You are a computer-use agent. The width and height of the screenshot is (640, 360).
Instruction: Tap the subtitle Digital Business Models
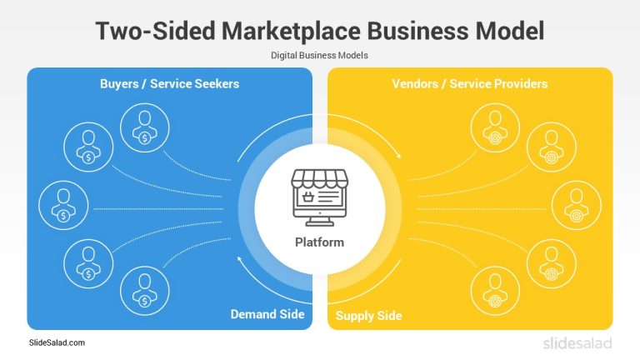(x=320, y=55)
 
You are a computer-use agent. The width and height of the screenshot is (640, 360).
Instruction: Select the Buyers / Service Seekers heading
(x=169, y=84)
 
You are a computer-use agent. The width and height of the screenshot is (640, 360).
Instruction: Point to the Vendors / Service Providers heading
(x=469, y=84)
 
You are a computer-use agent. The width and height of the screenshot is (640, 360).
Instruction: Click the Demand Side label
(x=267, y=314)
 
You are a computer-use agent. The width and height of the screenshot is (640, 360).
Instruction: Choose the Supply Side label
(x=368, y=316)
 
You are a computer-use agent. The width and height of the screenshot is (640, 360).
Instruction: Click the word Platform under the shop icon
(x=319, y=242)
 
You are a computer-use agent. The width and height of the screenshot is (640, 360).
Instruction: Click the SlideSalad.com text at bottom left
(x=57, y=342)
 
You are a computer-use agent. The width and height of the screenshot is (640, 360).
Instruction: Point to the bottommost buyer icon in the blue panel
(x=142, y=290)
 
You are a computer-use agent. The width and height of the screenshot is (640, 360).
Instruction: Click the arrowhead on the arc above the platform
(x=397, y=156)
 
